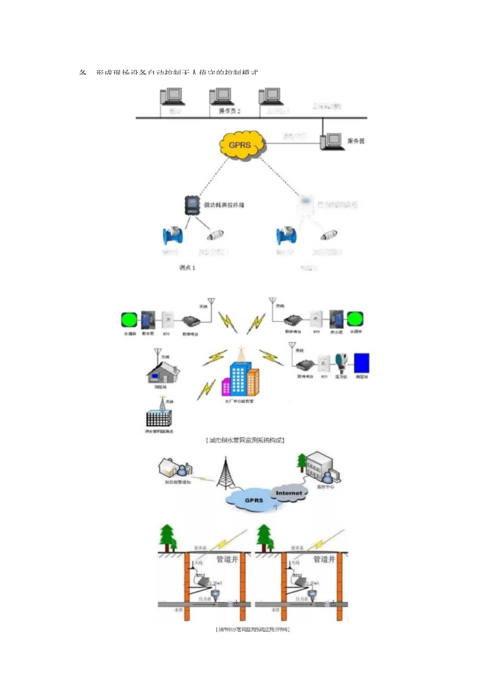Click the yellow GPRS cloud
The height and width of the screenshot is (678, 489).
(x=240, y=145)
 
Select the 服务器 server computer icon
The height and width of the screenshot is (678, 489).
(x=332, y=141)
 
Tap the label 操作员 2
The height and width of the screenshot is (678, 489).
(x=230, y=111)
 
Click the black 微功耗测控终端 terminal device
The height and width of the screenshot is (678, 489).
(x=192, y=205)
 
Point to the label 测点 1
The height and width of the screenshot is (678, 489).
(x=187, y=267)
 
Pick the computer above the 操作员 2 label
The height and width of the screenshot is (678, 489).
(x=222, y=96)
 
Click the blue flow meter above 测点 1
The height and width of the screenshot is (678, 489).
(x=173, y=236)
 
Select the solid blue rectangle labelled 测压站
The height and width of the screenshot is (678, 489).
(x=361, y=363)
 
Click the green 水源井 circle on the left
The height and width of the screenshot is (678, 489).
(x=130, y=319)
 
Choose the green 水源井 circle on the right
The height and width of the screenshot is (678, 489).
(x=355, y=319)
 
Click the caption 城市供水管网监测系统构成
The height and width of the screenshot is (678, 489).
(x=245, y=440)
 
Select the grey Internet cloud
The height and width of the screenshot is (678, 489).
(x=289, y=493)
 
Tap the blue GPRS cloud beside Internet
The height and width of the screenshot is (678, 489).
(x=253, y=499)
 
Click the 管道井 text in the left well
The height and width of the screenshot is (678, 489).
(x=227, y=559)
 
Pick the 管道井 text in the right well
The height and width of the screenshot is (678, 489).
(x=324, y=559)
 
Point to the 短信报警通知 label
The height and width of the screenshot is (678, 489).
(x=178, y=482)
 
